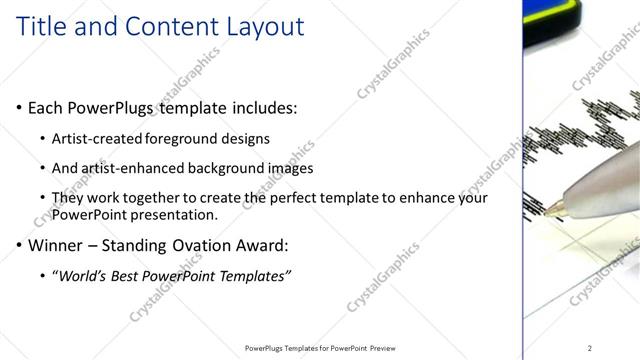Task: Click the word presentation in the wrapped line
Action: pyautogui.click(x=178, y=214)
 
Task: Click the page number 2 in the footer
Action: pyautogui.click(x=590, y=348)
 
